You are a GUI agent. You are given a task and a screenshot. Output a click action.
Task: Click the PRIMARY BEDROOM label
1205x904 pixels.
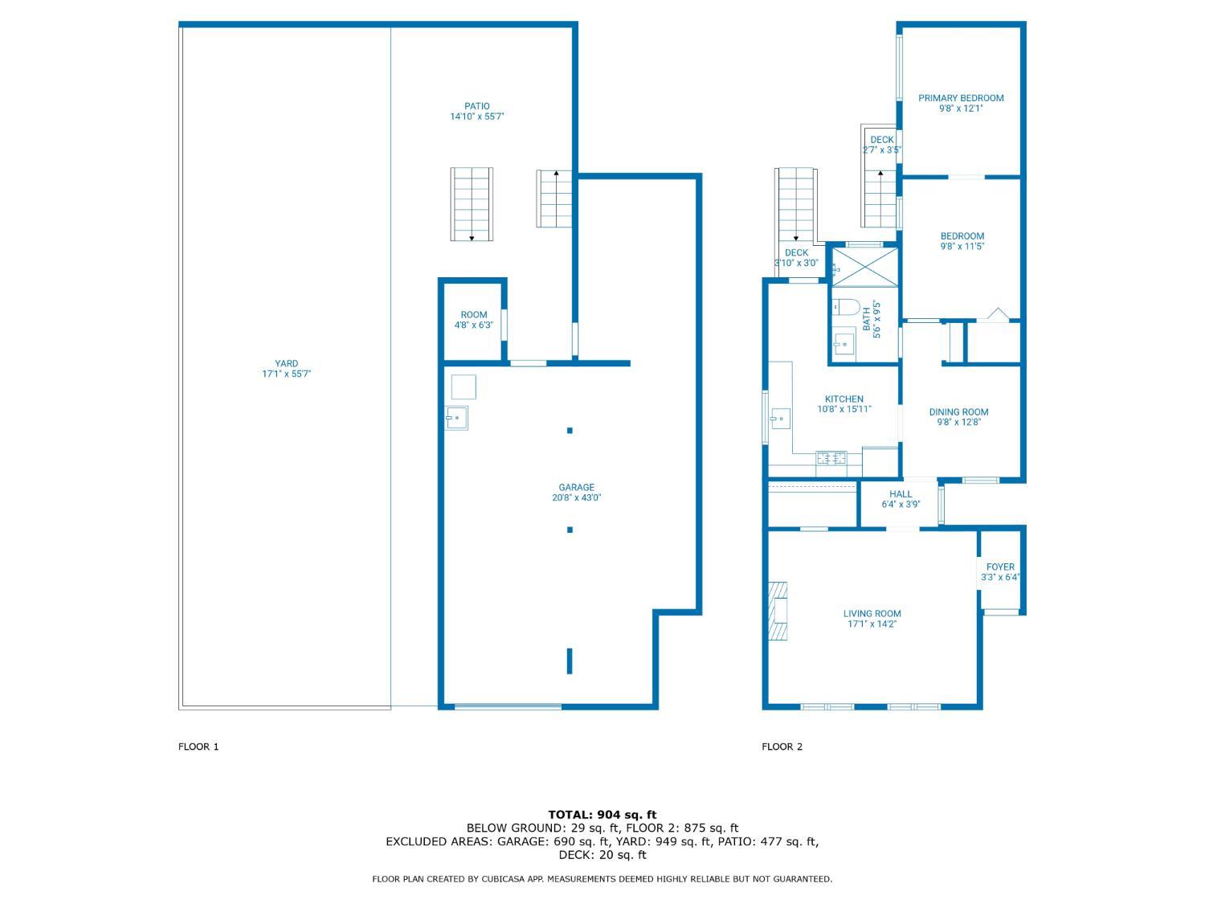click(x=961, y=98)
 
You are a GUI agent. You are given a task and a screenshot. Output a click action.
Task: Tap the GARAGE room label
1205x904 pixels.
click(x=576, y=487)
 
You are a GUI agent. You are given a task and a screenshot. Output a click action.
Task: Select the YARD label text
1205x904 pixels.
click(x=286, y=363)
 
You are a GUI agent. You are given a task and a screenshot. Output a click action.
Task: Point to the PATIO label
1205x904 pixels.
click(x=476, y=106)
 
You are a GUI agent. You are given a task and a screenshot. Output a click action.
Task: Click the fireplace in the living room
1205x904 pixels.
click(x=778, y=611)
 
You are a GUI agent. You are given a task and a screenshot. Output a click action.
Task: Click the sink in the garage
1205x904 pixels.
click(x=457, y=418)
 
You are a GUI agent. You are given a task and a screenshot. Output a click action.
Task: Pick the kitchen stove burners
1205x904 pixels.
click(x=831, y=459)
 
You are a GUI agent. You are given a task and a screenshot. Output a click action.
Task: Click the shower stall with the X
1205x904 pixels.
click(x=864, y=266)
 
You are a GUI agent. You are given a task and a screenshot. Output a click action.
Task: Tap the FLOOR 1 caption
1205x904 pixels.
click(x=198, y=747)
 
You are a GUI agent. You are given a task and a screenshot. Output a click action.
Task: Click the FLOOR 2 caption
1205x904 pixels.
click(x=782, y=747)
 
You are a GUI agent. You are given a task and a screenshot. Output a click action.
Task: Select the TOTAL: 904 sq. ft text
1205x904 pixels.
click(x=602, y=815)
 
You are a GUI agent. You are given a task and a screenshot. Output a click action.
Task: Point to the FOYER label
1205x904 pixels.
click(x=1000, y=567)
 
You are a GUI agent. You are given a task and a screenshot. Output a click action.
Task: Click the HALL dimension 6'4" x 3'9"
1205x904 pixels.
click(x=901, y=505)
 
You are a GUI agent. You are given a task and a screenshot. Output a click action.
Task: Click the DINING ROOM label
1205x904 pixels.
click(x=958, y=412)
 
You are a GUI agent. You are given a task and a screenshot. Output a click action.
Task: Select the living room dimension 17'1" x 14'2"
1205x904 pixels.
click(x=872, y=624)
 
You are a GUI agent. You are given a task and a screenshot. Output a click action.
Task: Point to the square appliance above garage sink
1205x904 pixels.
click(x=464, y=387)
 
